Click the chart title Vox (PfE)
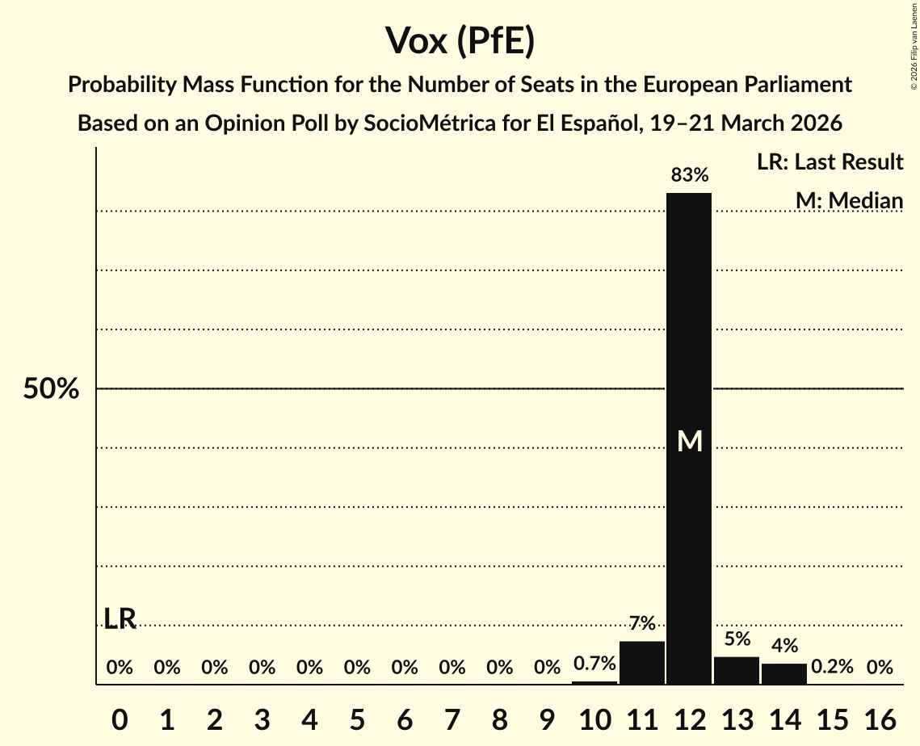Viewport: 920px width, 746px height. (x=460, y=40)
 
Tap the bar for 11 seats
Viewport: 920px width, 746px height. (x=642, y=663)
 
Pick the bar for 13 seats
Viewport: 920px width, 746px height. (x=737, y=670)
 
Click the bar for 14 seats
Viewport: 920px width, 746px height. (x=784, y=673)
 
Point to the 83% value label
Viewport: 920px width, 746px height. (x=689, y=174)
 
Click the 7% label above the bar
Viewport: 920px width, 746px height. (x=642, y=623)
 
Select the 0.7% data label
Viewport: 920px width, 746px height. (x=594, y=664)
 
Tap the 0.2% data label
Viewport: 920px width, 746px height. (x=832, y=667)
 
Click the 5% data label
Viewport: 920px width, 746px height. (x=737, y=639)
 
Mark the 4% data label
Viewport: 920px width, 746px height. (x=784, y=645)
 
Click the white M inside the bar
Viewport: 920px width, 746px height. (x=690, y=441)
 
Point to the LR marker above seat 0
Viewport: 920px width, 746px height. (x=120, y=619)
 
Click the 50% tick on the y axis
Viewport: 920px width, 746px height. (x=51, y=389)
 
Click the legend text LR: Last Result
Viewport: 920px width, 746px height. (x=830, y=162)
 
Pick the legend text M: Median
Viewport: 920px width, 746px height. (x=849, y=200)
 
